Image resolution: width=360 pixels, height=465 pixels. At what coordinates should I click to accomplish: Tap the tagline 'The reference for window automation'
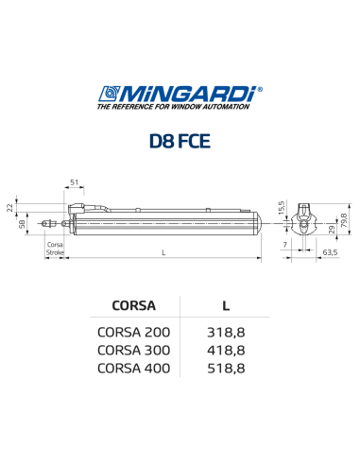pos(173,108)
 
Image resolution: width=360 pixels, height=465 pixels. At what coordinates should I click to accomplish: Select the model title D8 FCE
pos(180,142)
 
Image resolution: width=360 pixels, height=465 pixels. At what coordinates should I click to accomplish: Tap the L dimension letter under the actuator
pos(163,252)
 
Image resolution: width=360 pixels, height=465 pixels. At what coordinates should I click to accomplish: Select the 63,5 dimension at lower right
pos(330,252)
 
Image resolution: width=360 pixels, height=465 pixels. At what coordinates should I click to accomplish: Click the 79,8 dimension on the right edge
pos(344,219)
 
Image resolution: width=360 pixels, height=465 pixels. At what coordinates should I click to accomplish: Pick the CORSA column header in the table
pos(134,305)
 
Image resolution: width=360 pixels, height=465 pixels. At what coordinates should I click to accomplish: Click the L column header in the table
pos(226,305)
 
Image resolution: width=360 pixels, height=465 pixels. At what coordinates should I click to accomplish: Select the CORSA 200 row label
pos(134,333)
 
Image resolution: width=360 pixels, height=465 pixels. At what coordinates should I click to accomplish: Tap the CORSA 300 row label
pos(134,351)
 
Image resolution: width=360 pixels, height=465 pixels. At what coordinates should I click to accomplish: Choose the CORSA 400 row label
pos(134,369)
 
